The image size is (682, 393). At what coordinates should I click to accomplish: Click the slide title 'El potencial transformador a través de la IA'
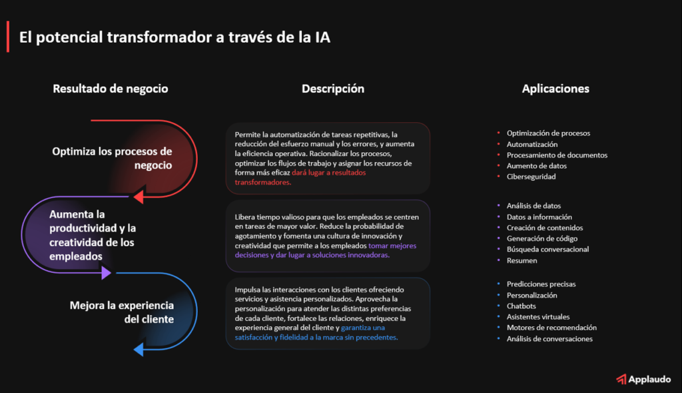click(174, 37)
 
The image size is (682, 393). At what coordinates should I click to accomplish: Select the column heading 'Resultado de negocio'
click(111, 88)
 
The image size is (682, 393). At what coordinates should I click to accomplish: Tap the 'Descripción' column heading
click(333, 88)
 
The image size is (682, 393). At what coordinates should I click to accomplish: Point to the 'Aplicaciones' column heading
click(555, 88)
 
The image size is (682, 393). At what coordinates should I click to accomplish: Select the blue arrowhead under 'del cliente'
click(140, 349)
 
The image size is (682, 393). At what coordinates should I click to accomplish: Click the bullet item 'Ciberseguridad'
click(531, 177)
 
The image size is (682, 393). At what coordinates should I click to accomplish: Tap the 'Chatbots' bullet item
click(521, 306)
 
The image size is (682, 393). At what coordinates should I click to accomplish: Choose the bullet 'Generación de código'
click(542, 238)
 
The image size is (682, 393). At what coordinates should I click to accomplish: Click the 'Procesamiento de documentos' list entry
click(557, 155)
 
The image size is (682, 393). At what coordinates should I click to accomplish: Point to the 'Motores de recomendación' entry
click(551, 328)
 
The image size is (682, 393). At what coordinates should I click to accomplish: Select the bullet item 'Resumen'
click(521, 260)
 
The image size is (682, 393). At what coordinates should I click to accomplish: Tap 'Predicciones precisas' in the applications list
click(541, 284)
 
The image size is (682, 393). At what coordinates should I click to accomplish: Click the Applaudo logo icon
click(621, 379)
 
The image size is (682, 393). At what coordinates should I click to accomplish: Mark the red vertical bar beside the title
click(8, 37)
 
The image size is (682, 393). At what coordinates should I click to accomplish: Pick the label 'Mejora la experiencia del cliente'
click(122, 312)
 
